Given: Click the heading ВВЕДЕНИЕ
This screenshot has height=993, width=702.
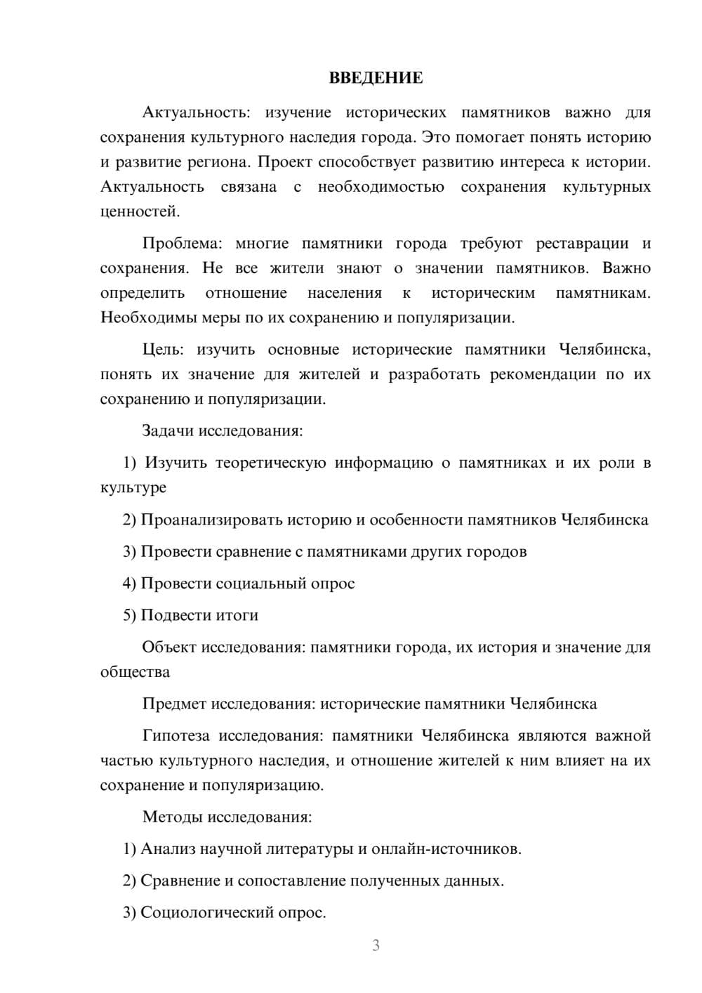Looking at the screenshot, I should pyautogui.click(x=376, y=78).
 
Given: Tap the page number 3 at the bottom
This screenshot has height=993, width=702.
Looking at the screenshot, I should pyautogui.click(x=376, y=945).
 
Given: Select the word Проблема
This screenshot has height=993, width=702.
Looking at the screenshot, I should pyautogui.click(x=182, y=244).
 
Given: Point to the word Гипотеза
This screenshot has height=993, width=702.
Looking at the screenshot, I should pyautogui.click(x=175, y=736).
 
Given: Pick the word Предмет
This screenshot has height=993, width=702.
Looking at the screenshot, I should pyautogui.click(x=174, y=704).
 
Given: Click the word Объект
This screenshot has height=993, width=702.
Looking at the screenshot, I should pyautogui.click(x=169, y=647).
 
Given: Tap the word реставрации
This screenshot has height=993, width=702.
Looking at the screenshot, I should pyautogui.click(x=582, y=244).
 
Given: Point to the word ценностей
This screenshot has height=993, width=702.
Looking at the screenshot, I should pyautogui.click(x=140, y=211).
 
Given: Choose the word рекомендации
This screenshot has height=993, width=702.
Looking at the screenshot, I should pyautogui.click(x=543, y=374).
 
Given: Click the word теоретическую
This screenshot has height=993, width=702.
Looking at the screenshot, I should pyautogui.click(x=270, y=463).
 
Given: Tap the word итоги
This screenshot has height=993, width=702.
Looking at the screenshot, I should pyautogui.click(x=237, y=615).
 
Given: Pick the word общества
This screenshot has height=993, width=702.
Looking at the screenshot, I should pyautogui.click(x=135, y=672).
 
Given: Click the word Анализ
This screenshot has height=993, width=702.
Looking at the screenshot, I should pyautogui.click(x=168, y=849).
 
